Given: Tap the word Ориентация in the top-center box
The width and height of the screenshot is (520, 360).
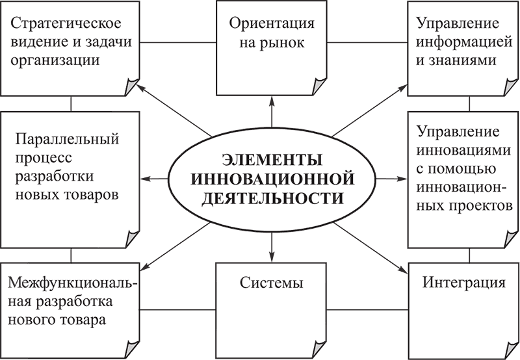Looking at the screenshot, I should coord(272,25).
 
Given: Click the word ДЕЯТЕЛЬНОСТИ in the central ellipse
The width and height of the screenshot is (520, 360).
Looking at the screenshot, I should coord(271,197).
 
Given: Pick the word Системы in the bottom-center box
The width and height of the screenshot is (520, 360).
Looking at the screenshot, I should coord(272,284).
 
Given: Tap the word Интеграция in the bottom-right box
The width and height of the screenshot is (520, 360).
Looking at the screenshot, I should coord(463,284).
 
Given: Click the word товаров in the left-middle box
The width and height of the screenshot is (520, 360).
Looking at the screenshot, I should coord(99,195).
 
